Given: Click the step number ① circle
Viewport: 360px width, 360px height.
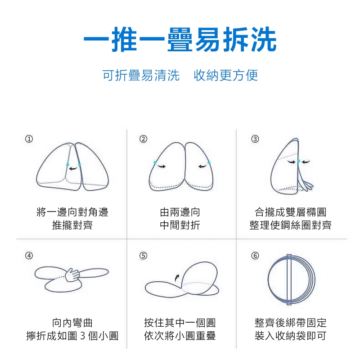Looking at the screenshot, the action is (29, 139).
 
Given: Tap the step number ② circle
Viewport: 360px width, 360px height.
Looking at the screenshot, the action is (143, 139).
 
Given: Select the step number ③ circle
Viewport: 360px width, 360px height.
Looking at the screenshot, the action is (255, 139).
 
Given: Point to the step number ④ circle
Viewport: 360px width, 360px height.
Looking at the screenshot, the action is (29, 256).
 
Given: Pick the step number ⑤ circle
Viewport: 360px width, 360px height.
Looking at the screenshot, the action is (143, 256).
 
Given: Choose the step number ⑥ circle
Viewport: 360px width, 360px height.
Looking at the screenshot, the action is (255, 256).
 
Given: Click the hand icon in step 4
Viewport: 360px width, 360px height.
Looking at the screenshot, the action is (72, 275).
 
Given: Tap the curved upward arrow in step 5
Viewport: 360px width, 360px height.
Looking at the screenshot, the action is (176, 278).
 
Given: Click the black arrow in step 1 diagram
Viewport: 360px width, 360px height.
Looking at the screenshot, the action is (73, 169).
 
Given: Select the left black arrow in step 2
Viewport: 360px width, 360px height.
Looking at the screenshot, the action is (161, 166).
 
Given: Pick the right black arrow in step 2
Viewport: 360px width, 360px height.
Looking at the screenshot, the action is (202, 166).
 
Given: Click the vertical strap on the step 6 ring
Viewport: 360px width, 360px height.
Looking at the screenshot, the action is (289, 279).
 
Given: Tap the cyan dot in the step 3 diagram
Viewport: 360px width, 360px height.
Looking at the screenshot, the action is (298, 161).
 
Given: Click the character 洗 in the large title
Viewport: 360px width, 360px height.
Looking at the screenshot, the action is (264, 39).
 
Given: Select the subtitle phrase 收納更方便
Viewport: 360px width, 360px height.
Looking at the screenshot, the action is (226, 75).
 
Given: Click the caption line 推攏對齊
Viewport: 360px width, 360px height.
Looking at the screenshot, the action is (72, 225).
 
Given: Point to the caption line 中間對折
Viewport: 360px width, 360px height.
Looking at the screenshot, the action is (180, 225).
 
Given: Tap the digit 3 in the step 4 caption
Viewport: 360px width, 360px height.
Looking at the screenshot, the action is (83, 336).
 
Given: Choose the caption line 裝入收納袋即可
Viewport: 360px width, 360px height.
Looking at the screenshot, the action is (290, 336).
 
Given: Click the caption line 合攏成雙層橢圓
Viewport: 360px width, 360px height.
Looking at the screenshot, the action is (290, 212).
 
